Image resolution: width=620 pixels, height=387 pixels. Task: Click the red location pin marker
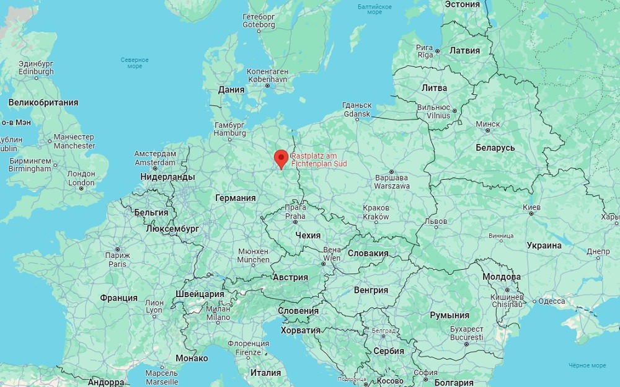click(x=281, y=158)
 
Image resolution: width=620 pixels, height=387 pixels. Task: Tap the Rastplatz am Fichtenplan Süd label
click(x=319, y=159)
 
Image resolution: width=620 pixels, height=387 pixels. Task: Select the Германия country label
click(x=235, y=198)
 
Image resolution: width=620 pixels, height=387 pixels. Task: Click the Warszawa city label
click(x=392, y=185)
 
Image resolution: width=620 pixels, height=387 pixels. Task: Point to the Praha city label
click(x=295, y=216)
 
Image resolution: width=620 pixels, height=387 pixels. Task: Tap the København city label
click(x=267, y=80)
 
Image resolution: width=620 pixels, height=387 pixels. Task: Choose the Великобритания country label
click(x=43, y=102)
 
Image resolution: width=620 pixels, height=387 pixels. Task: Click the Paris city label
click(x=117, y=264)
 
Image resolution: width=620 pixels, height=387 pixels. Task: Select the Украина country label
click(x=544, y=245)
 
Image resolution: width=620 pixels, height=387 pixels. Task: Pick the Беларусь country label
click(x=495, y=148)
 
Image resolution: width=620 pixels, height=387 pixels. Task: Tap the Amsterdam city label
click(x=155, y=162)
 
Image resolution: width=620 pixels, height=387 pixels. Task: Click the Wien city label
click(x=332, y=257)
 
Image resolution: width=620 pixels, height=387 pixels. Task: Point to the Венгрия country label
click(x=371, y=290)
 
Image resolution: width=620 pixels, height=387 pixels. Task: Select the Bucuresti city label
click(x=467, y=337)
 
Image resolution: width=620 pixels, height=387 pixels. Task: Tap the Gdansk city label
click(x=356, y=114)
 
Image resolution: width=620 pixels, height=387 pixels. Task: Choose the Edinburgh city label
click(x=36, y=71)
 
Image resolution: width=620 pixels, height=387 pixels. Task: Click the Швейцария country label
click(x=200, y=294)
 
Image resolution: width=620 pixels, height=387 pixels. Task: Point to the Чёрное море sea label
click(x=588, y=365)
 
